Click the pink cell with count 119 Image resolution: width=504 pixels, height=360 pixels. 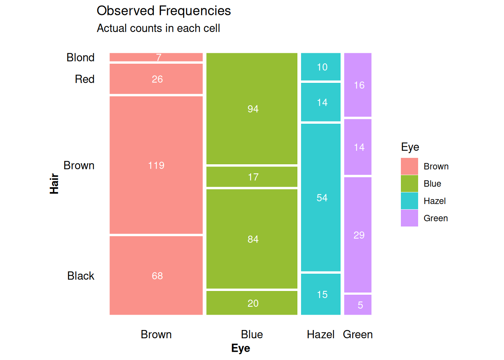tap(156, 165)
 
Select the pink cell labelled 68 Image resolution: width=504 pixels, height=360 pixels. tap(156, 276)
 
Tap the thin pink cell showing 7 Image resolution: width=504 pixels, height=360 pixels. tap(156, 57)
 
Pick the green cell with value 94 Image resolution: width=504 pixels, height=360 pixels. tap(252, 109)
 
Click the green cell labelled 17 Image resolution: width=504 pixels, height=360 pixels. tap(252, 177)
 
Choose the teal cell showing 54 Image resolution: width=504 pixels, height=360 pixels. tap(321, 198)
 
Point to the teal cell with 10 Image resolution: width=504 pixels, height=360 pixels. tap(321, 67)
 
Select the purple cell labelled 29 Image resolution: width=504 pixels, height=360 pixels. tap(358, 235)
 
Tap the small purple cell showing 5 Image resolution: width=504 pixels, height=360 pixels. tap(358, 305)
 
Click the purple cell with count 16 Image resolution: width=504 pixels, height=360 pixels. tap(358, 85)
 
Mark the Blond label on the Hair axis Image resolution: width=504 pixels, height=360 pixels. tap(80, 57)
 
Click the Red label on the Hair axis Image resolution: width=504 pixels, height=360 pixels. tap(85, 79)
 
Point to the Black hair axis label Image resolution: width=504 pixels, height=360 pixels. tap(81, 276)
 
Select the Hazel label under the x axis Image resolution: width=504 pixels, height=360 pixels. tap(321, 334)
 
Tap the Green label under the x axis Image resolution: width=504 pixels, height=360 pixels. tap(358, 334)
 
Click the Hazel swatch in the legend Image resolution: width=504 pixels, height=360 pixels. tap(409, 201)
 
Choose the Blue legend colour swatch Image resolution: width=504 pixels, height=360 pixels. tap(409, 184)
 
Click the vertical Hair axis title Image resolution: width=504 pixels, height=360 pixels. tap(54, 184)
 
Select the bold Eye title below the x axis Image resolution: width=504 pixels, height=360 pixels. tap(240, 348)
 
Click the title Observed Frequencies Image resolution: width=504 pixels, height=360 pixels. tap(164, 10)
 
